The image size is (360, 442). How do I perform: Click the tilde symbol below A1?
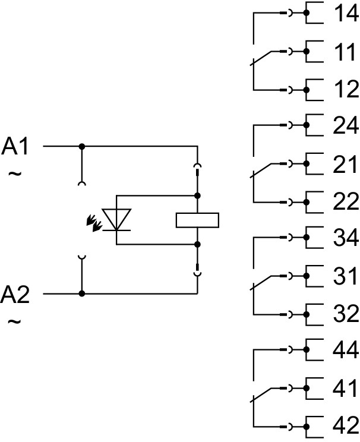(x=15, y=174)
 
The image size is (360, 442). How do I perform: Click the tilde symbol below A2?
(x=15, y=322)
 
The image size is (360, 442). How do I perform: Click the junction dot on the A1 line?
(x=82, y=146)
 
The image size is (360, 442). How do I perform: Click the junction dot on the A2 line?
(x=82, y=293)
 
